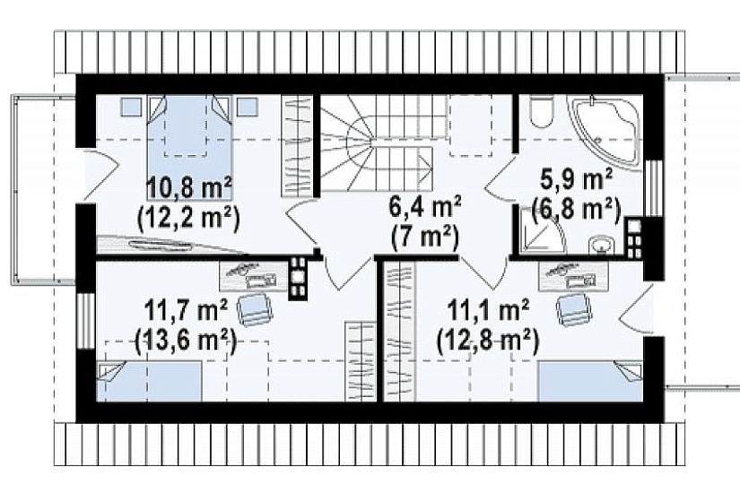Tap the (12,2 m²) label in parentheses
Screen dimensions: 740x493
coord(188,217)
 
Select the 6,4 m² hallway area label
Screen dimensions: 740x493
coord(423,207)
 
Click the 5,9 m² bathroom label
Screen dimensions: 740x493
coord(576,180)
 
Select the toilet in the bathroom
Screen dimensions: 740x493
coord(541,111)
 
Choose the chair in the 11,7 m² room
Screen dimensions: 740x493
coord(255,309)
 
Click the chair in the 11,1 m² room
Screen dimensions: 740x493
coord(573,309)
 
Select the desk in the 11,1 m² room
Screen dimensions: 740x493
coord(573,275)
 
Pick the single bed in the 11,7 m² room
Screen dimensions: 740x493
coord(149,381)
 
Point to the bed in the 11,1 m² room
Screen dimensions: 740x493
coord(590,381)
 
